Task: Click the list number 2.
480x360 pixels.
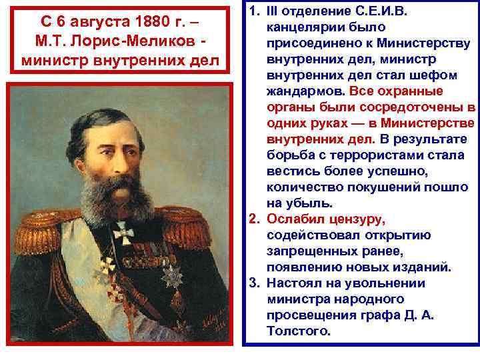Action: click(254, 219)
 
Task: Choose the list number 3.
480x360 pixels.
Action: click(254, 283)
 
